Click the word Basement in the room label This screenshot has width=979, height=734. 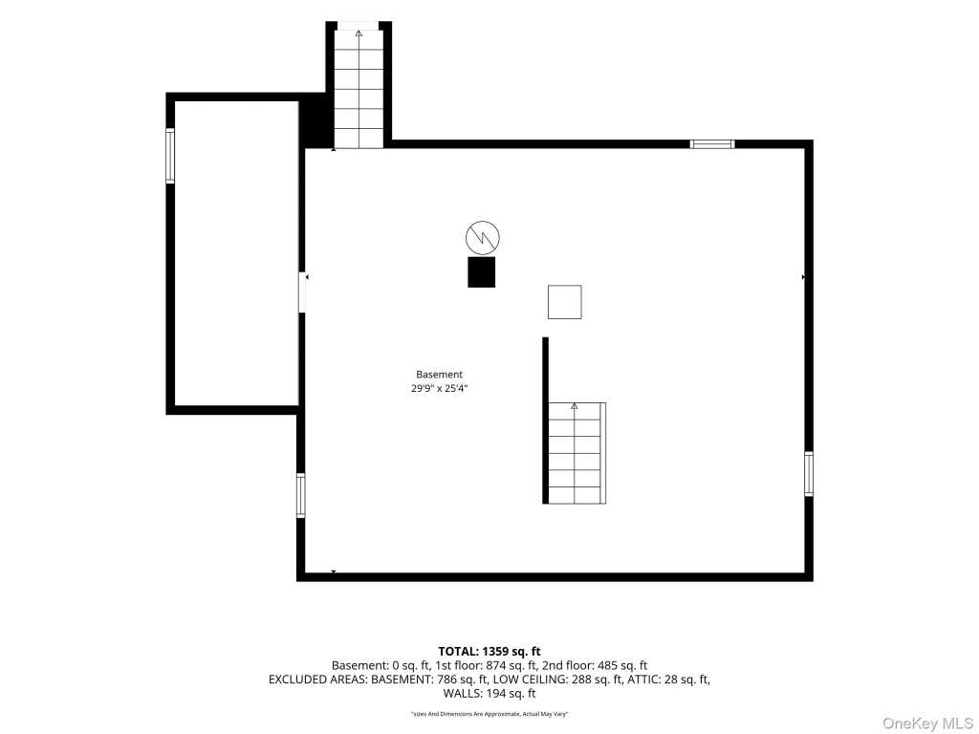tap(439, 375)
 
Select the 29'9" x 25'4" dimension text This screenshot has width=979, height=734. tap(439, 388)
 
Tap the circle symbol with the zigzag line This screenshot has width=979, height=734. tap(483, 237)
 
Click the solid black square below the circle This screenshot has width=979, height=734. tap(482, 272)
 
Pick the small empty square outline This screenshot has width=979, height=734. tap(564, 302)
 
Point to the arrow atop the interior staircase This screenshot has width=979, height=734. tap(575, 406)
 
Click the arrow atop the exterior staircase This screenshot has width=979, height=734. tap(359, 33)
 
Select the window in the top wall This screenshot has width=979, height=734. tap(712, 144)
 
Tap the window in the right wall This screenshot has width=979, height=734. tap(809, 474)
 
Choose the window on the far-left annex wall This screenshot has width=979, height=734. tap(170, 156)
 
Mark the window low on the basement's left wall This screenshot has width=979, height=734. tap(301, 496)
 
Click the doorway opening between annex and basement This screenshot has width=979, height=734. tap(301, 292)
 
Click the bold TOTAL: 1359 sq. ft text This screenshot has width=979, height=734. tap(489, 652)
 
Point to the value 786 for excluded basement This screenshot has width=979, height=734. tap(446, 680)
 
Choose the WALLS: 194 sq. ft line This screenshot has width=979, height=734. tap(489, 694)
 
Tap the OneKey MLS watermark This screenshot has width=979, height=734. tap(927, 723)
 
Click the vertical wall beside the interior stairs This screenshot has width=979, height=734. tap(545, 421)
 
